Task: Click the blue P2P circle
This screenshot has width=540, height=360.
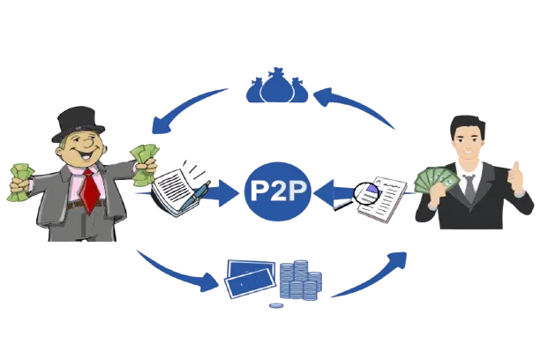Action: (278, 190)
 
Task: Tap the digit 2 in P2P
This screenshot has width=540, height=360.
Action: (279, 189)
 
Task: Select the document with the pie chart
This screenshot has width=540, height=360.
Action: (381, 196)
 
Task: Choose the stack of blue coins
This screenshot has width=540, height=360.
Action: (298, 281)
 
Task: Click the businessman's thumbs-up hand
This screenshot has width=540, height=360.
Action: (517, 176)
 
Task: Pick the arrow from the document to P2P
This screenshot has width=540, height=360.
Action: (333, 190)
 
